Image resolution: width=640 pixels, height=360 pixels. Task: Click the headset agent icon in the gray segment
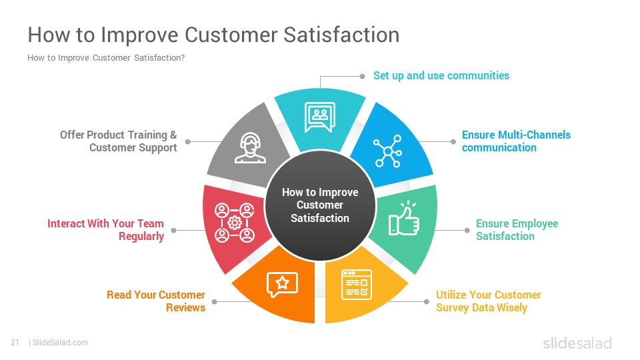tap(250, 148)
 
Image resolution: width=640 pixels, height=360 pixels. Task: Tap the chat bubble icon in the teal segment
tap(319, 117)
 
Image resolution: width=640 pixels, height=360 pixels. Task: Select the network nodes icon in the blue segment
tap(388, 151)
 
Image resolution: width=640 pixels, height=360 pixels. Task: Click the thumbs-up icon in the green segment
tap(404, 219)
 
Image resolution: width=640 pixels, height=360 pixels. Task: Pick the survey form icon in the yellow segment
tap(356, 285)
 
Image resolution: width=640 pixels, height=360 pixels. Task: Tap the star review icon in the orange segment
tap(282, 284)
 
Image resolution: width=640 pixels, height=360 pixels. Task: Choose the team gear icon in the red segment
tap(234, 223)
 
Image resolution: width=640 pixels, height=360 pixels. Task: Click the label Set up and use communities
tap(441, 75)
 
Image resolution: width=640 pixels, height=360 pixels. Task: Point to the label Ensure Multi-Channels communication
tap(516, 141)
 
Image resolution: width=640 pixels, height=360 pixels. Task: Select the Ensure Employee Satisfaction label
tap(517, 230)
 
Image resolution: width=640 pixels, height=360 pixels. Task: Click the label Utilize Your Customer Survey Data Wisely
tap(488, 301)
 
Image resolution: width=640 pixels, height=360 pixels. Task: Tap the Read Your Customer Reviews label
tap(156, 301)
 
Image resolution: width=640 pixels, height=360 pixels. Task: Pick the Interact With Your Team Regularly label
tap(105, 230)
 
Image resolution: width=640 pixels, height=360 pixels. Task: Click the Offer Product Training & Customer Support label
tap(119, 141)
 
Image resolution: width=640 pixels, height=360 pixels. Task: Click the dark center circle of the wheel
tap(320, 205)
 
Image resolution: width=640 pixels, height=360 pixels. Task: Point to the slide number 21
tap(15, 343)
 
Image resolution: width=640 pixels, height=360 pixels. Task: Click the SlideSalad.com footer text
tap(60, 343)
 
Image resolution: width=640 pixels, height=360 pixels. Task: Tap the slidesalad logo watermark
tap(577, 343)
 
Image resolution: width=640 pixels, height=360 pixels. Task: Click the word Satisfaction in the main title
tap(341, 35)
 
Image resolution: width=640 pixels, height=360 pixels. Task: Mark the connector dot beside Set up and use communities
tap(362, 76)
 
